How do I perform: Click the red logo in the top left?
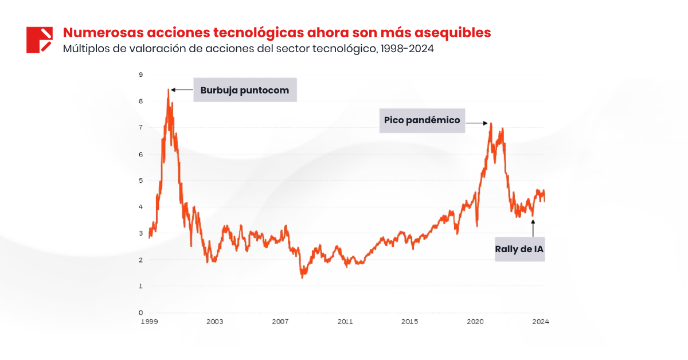40,40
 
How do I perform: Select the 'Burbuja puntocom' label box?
245,90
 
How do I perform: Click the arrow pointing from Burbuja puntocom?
182,90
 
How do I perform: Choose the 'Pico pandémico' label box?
422,120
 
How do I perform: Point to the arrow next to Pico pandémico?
476,123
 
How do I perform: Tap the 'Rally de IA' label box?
519,249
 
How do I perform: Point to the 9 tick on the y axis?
140,75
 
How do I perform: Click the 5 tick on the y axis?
140,181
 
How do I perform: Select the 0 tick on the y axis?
140,313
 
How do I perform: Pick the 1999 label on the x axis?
149,322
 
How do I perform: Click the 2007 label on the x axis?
279,322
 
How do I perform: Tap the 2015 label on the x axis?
409,322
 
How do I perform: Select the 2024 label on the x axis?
540,322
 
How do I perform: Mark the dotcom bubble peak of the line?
169,89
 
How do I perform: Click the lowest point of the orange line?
302,277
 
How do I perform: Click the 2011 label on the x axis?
345,322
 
